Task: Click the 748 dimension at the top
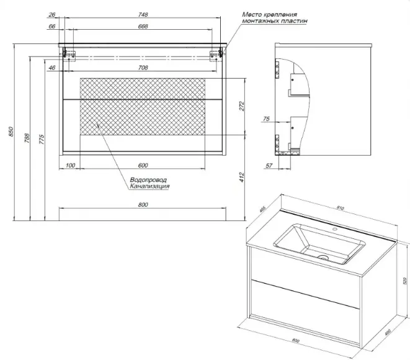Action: click(x=143, y=16)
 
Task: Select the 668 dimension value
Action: click(x=143, y=26)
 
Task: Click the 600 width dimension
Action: click(x=143, y=165)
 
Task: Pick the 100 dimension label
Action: click(x=69, y=165)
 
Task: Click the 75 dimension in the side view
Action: click(x=265, y=118)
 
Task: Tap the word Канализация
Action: click(x=149, y=186)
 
